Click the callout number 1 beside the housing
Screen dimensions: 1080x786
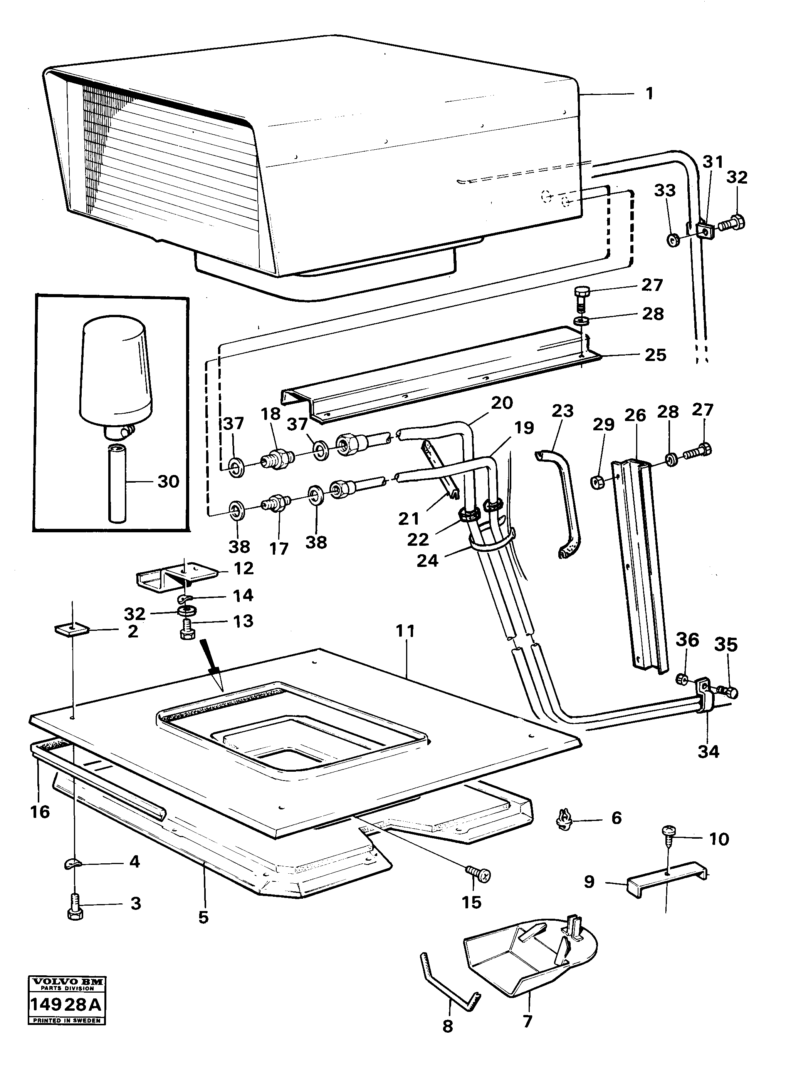pos(649,94)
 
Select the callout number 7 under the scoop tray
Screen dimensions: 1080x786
pos(527,1021)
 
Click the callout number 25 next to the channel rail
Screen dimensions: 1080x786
pos(655,355)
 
